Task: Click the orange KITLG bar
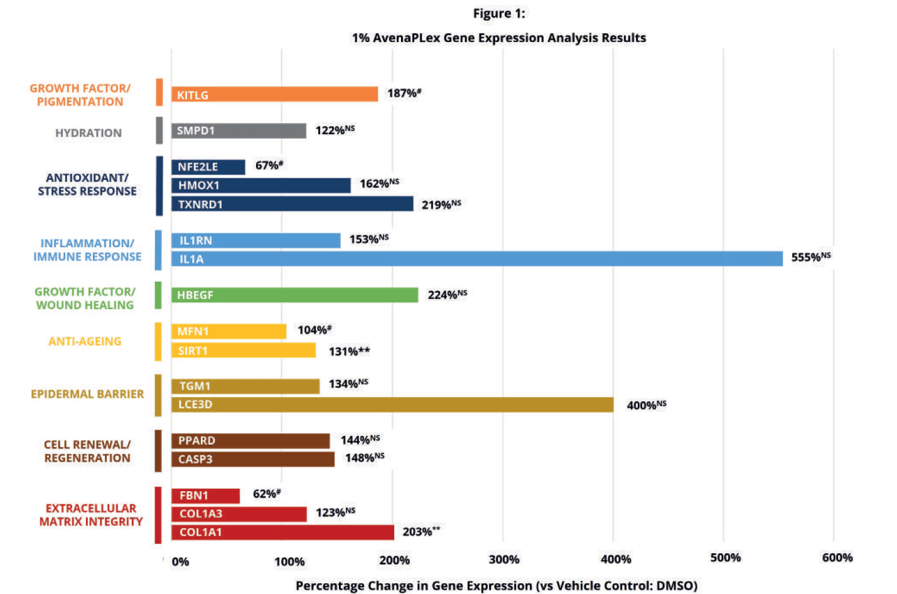click(274, 94)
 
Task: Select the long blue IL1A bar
click(477, 258)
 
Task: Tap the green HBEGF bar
click(294, 295)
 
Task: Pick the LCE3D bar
click(392, 405)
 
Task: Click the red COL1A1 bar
click(282, 532)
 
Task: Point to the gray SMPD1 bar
click(239, 130)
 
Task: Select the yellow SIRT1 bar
click(244, 350)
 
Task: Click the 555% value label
click(810, 257)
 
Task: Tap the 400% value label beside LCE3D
click(646, 405)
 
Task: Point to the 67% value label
click(269, 166)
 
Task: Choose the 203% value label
click(421, 532)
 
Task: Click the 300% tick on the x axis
click(504, 560)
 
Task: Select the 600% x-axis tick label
click(837, 558)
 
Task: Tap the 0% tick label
click(180, 561)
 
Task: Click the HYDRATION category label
click(89, 133)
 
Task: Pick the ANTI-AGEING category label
click(85, 341)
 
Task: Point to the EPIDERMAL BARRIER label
click(87, 394)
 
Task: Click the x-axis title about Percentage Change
click(496, 585)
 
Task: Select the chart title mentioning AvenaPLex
click(498, 38)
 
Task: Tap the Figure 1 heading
click(499, 13)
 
